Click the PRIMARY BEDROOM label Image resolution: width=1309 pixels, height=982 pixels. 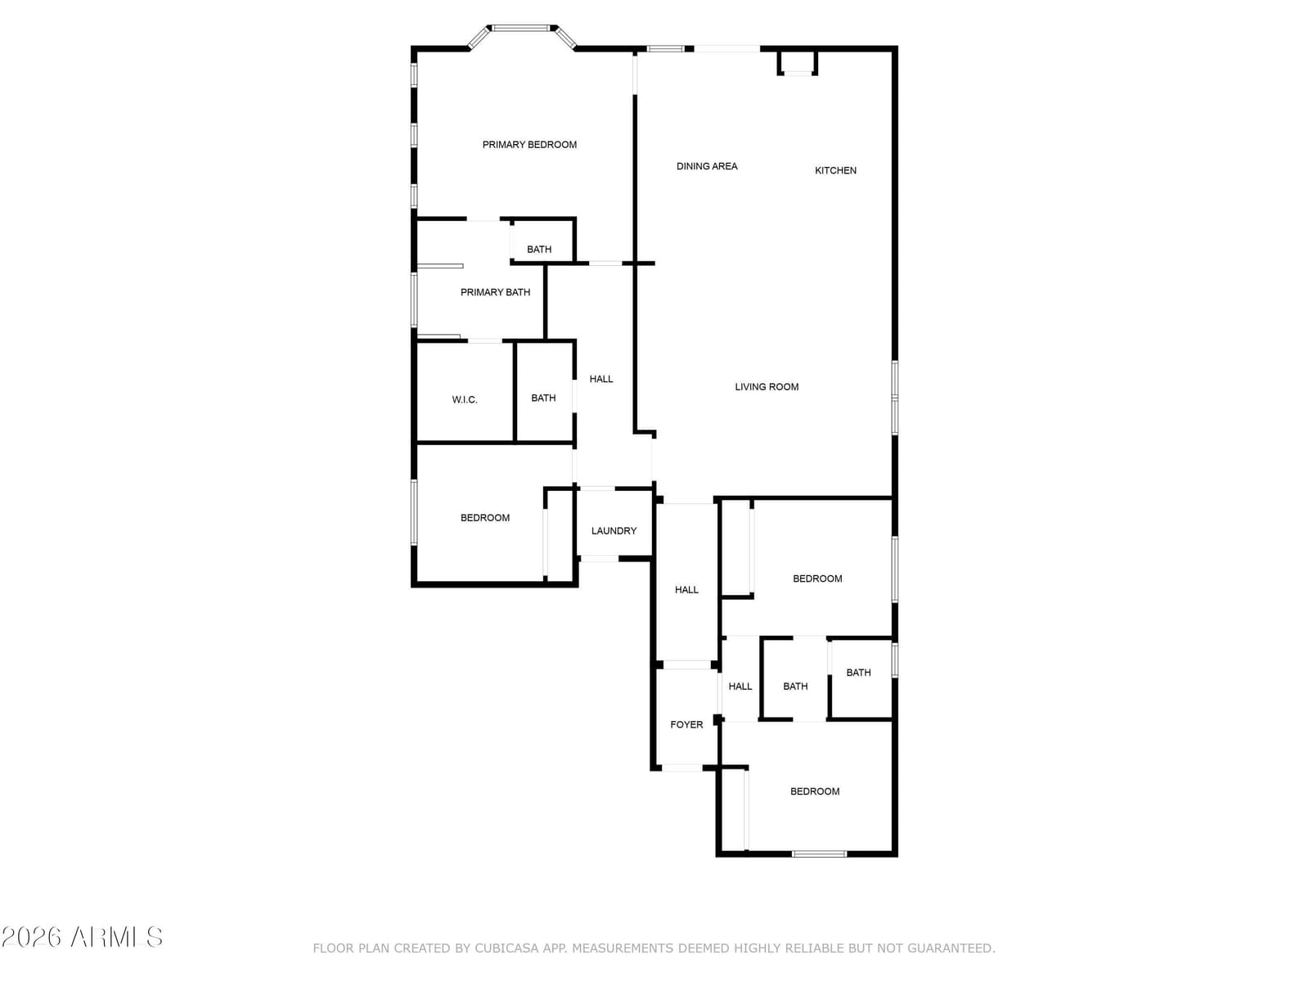[529, 145]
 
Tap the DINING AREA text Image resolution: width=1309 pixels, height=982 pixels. [707, 166]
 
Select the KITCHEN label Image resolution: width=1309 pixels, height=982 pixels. [835, 170]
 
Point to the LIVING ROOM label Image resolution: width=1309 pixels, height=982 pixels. [767, 387]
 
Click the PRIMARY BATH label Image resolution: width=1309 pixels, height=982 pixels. [495, 292]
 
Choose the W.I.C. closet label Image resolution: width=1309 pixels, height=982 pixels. [465, 399]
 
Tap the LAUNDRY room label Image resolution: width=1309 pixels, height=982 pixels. [614, 530]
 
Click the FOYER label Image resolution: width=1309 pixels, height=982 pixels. [686, 724]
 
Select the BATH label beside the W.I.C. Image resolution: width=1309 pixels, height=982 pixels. [543, 398]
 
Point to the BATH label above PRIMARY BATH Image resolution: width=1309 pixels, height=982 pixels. [539, 250]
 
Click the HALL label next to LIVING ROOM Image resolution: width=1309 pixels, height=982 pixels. [601, 379]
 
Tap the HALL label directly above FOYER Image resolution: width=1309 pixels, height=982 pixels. [686, 590]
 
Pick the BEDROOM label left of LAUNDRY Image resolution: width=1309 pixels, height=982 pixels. [485, 517]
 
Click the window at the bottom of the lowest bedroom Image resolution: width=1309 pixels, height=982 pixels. [819, 854]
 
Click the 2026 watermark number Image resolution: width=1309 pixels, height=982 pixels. [32, 937]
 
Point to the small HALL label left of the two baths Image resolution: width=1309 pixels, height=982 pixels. [740, 687]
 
